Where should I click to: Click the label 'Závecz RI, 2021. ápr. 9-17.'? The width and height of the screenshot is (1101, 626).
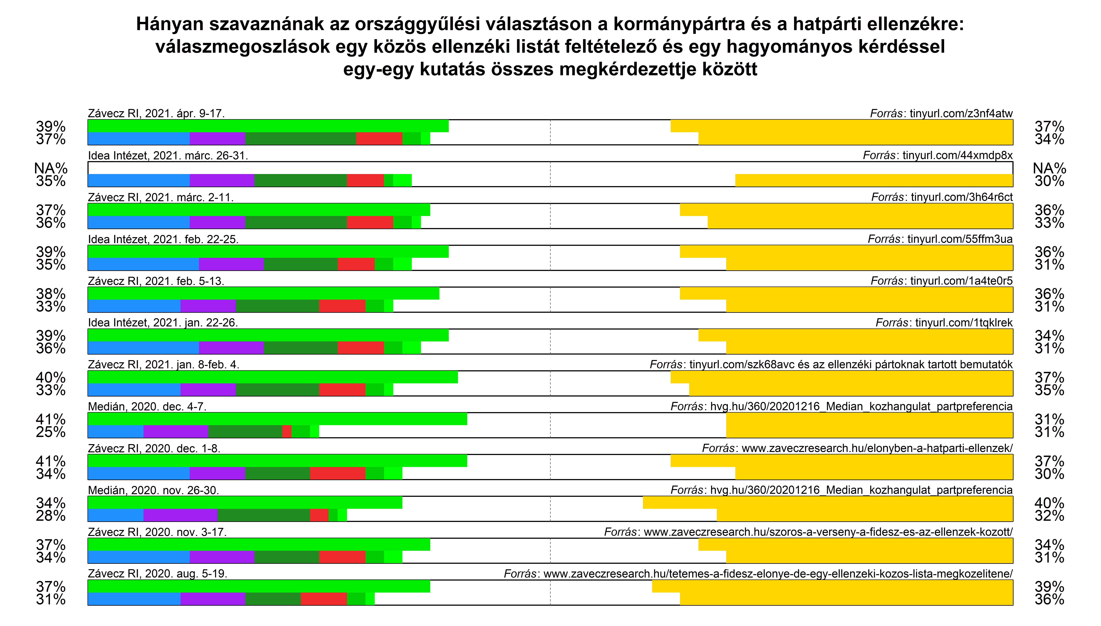[156, 113]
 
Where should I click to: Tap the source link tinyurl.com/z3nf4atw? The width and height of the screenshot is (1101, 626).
[961, 113]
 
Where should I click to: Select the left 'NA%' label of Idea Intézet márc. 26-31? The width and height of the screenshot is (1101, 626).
[51, 168]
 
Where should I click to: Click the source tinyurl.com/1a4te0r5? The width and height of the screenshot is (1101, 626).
[961, 281]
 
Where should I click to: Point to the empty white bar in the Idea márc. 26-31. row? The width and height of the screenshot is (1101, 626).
[550, 168]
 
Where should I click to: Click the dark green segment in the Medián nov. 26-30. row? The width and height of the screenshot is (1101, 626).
[263, 515]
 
